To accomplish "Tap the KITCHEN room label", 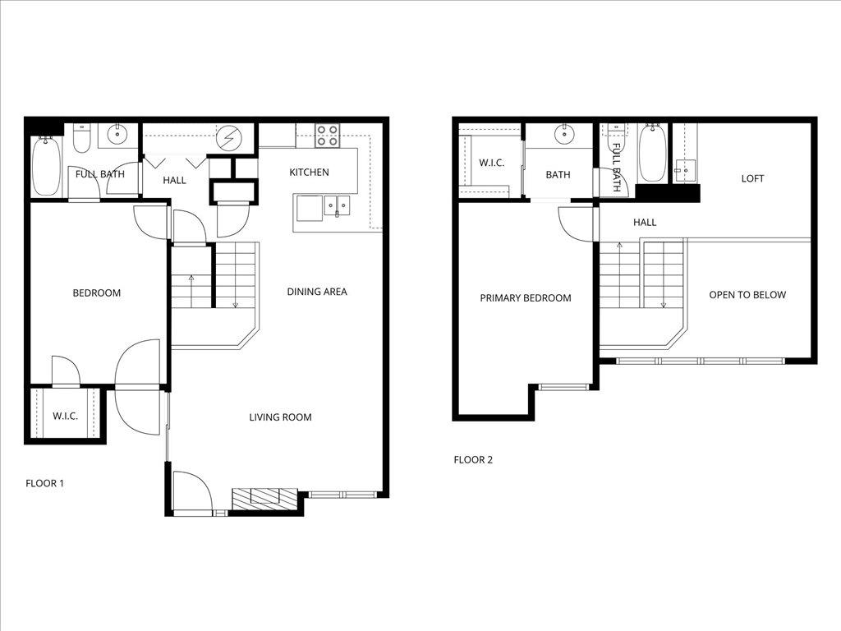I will click(x=309, y=173).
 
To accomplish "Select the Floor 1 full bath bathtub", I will click(x=46, y=167).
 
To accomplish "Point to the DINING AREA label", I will click(x=317, y=292).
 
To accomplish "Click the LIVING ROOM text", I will click(x=281, y=417).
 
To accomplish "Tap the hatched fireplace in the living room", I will click(x=264, y=498).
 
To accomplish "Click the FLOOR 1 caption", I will click(x=44, y=483).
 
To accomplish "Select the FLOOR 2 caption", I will click(x=473, y=460).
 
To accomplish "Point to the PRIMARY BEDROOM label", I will click(x=526, y=298).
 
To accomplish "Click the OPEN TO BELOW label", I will click(x=747, y=295).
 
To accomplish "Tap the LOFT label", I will click(x=752, y=178).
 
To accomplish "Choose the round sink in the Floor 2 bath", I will click(x=564, y=134).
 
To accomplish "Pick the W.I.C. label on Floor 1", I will click(x=66, y=417).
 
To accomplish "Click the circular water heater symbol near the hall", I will click(x=227, y=140).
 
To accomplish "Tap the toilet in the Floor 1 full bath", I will click(x=81, y=139).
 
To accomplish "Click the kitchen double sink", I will click(x=337, y=205).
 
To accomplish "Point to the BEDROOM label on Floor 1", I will click(x=97, y=293).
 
